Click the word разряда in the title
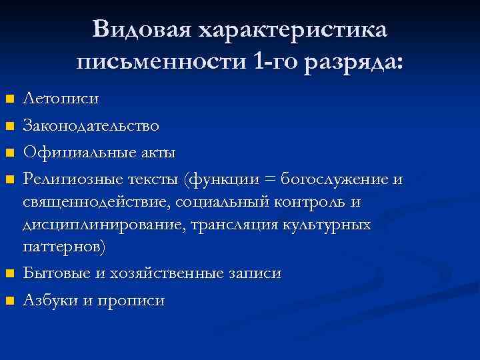click(353, 63)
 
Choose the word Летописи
click(61, 99)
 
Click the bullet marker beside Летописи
click(9, 99)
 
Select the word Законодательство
click(91, 125)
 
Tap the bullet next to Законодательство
click(9, 125)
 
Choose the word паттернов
click(63, 247)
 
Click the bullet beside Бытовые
click(9, 274)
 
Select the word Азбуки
click(51, 300)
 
